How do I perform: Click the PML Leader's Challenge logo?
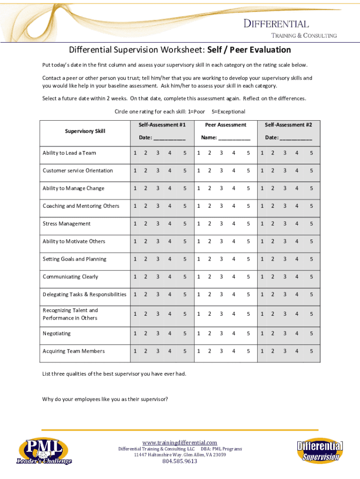click(x=44, y=451)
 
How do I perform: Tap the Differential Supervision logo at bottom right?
click(x=320, y=451)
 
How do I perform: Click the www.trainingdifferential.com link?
click(x=180, y=443)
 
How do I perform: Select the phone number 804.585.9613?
click(x=180, y=461)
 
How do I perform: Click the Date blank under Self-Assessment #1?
click(x=169, y=138)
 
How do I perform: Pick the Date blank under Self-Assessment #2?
click(x=296, y=138)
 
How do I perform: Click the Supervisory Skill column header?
click(x=85, y=131)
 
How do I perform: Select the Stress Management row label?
click(x=66, y=224)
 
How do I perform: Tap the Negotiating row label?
click(x=57, y=334)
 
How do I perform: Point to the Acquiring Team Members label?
click(x=73, y=351)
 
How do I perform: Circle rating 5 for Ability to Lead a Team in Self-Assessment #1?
click(x=185, y=153)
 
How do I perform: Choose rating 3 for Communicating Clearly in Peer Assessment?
click(x=221, y=277)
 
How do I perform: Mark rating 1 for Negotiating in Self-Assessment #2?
click(x=262, y=334)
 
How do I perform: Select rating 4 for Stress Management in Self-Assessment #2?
click(x=296, y=224)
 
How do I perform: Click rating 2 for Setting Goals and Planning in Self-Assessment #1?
click(x=145, y=259)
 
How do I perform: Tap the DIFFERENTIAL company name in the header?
click(x=276, y=24)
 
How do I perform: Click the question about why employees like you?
click(x=105, y=399)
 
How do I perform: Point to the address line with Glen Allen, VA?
click(x=180, y=455)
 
